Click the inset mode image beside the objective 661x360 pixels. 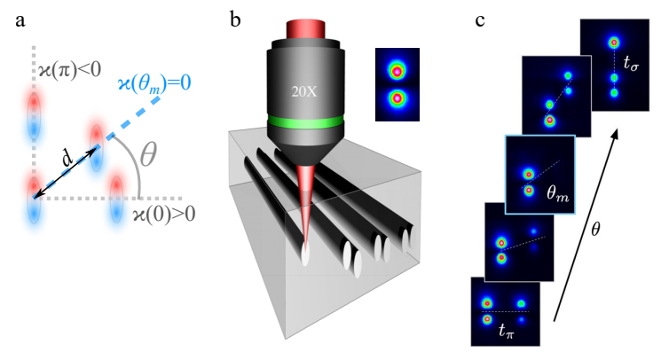396,82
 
